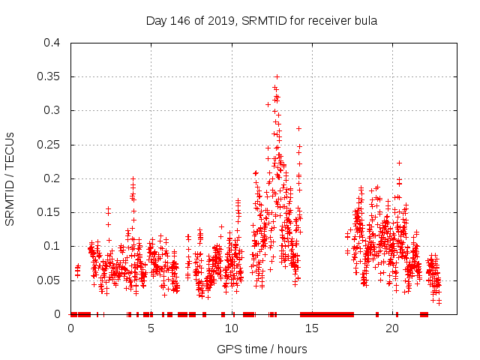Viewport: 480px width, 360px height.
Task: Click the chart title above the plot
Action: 261,20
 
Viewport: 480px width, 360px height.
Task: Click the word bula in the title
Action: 364,20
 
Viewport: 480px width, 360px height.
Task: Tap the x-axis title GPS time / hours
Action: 262,349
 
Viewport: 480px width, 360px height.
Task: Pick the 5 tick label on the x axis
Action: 151,328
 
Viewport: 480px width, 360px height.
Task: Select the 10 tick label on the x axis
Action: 232,328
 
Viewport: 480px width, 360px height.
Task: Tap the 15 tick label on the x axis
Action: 312,328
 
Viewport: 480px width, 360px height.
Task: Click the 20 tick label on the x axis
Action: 392,328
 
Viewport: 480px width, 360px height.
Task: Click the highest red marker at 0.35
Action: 277,76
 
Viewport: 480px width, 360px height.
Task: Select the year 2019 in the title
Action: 219,20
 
